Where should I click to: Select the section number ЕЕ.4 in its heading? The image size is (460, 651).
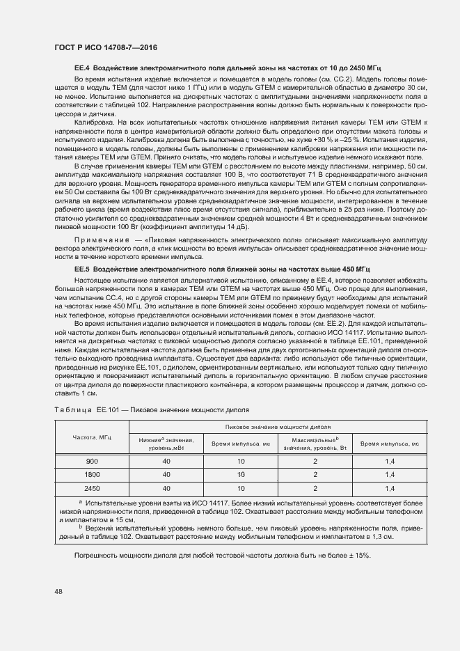[82, 67]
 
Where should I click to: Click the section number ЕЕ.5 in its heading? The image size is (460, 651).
[82, 268]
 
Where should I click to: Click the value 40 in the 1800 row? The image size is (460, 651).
[166, 474]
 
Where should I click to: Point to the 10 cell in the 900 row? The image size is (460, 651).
[241, 462]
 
